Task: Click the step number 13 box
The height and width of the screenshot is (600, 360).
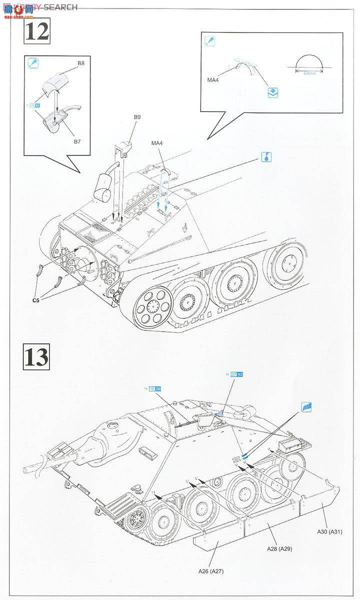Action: pos(36,356)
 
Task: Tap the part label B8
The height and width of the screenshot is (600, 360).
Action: pos(80,64)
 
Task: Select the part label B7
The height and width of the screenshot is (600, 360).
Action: pos(77,141)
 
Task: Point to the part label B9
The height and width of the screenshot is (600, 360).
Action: pos(136,117)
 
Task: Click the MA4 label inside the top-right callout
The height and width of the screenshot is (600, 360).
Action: pos(213,78)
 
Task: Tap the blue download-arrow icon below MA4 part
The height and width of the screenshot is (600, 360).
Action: pos(272,92)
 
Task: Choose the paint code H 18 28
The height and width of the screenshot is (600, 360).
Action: pos(154,389)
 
